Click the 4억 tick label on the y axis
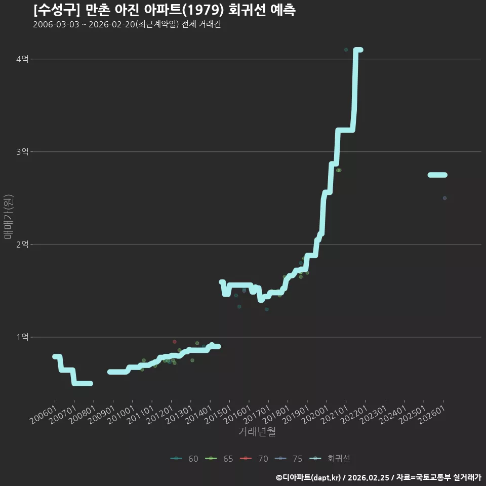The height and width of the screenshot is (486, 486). coord(22,59)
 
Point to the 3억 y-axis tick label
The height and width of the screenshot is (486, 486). coord(22,151)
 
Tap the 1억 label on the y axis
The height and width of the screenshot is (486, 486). coord(22,337)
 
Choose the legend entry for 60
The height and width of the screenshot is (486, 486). coord(184,459)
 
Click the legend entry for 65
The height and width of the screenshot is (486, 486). coord(219,459)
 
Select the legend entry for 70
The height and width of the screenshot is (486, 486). coord(254,459)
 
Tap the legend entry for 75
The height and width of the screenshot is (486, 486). coord(289,459)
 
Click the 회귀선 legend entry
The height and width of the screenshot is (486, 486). coord(330,459)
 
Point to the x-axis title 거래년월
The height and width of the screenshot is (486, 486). coord(257,431)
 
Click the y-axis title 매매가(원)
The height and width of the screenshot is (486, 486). coord(8,217)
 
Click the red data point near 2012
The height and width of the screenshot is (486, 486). coord(175,342)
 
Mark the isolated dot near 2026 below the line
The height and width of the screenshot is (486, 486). coord(444,198)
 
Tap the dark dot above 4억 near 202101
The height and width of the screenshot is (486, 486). coord(346,50)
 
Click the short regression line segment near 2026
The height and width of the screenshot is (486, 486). coord(437,175)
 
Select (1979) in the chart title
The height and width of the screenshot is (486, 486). coord(203,10)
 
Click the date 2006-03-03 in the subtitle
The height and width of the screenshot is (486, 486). coord(56,24)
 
